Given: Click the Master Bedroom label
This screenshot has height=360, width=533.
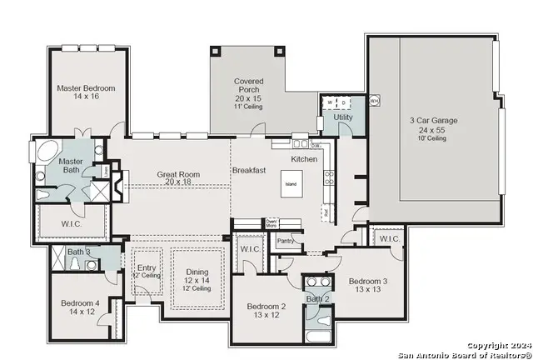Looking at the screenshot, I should tap(86, 88).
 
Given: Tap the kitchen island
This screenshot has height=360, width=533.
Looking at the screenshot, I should tap(291, 185).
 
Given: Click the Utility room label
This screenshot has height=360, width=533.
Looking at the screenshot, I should tap(342, 117).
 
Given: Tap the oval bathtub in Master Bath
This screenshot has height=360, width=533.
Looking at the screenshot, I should tap(42, 154).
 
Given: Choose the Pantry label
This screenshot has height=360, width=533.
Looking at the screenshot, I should tap(286, 241).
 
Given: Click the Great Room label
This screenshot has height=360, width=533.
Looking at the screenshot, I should tap(180, 174).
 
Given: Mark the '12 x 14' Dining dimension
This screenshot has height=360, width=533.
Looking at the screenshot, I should tap(197, 281).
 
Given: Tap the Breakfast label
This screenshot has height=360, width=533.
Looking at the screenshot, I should tap(249, 170).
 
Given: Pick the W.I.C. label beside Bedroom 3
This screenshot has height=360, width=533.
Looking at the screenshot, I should tap(389, 239).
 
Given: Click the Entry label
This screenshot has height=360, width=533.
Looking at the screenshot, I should tap(146, 267).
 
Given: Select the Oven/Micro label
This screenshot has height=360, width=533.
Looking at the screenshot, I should tap(271, 223).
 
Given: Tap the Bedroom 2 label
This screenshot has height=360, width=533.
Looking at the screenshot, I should tap(266, 307).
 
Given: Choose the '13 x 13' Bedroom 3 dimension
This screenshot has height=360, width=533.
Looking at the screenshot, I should tap(367, 289).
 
